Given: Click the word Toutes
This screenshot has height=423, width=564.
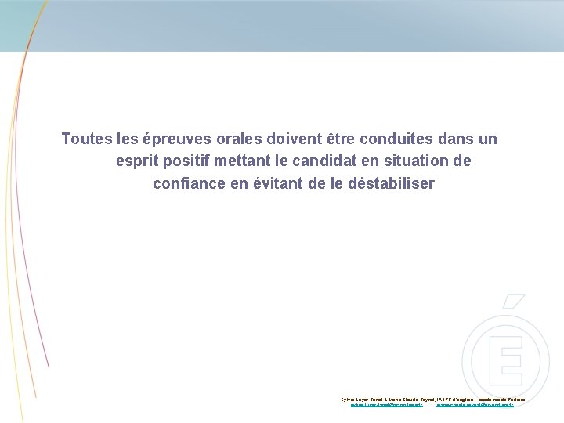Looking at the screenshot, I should [86, 139].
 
